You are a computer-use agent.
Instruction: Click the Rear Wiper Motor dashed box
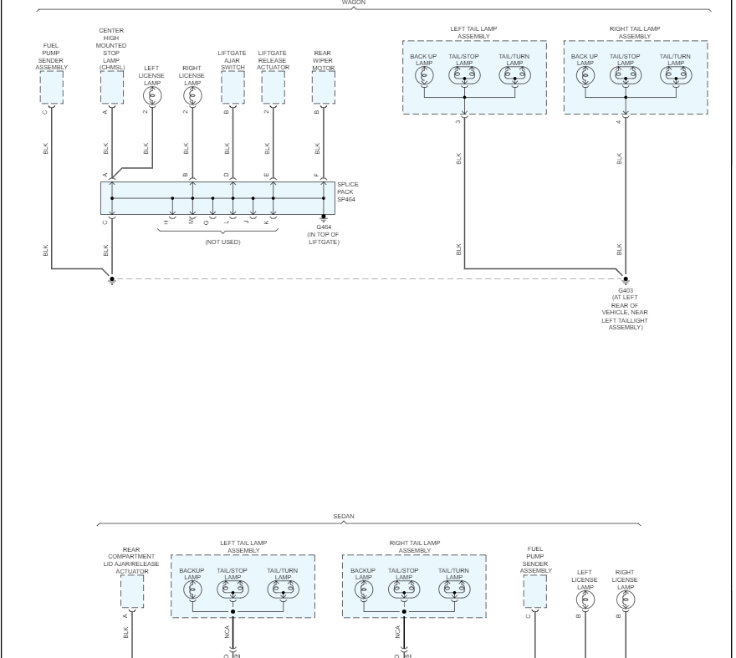323,87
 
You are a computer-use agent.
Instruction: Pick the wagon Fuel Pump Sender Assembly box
52,87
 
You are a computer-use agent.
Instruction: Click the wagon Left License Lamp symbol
152,96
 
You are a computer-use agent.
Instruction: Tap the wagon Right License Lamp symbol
192,96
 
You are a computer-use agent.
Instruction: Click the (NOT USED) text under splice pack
222,242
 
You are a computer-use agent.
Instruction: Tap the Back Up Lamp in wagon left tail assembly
424,75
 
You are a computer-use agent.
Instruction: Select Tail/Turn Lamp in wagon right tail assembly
676,75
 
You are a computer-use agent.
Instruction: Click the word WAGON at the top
354,3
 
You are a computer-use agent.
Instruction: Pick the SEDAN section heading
345,516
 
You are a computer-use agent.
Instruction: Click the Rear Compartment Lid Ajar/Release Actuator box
131,592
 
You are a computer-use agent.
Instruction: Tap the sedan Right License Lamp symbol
626,599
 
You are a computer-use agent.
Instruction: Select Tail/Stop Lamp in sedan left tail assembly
233,589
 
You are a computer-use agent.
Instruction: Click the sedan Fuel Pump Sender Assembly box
535,592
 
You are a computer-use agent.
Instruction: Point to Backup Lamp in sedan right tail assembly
364,589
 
